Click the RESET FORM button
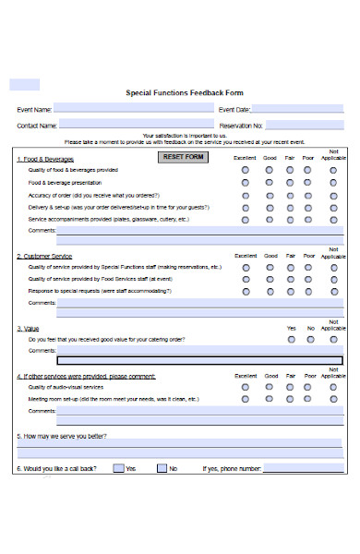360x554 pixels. click(x=183, y=157)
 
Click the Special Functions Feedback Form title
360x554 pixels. click(x=184, y=92)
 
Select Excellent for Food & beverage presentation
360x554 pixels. click(x=245, y=183)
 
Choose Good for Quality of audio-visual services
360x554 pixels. click(x=270, y=387)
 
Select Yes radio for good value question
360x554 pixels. click(x=292, y=339)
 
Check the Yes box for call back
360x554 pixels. click(x=118, y=468)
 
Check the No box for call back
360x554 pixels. click(x=161, y=468)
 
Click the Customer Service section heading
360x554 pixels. click(x=44, y=256)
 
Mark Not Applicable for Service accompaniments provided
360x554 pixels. click(x=333, y=220)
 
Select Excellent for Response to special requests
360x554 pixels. click(x=245, y=291)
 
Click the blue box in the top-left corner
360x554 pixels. click(x=24, y=84)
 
